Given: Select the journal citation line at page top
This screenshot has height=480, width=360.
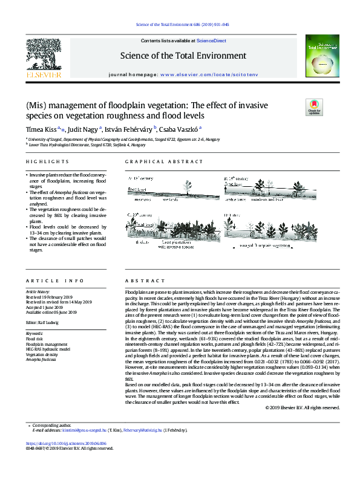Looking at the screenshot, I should coord(180,25).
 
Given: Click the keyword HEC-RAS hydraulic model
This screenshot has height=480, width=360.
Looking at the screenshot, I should coord(48,349).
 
